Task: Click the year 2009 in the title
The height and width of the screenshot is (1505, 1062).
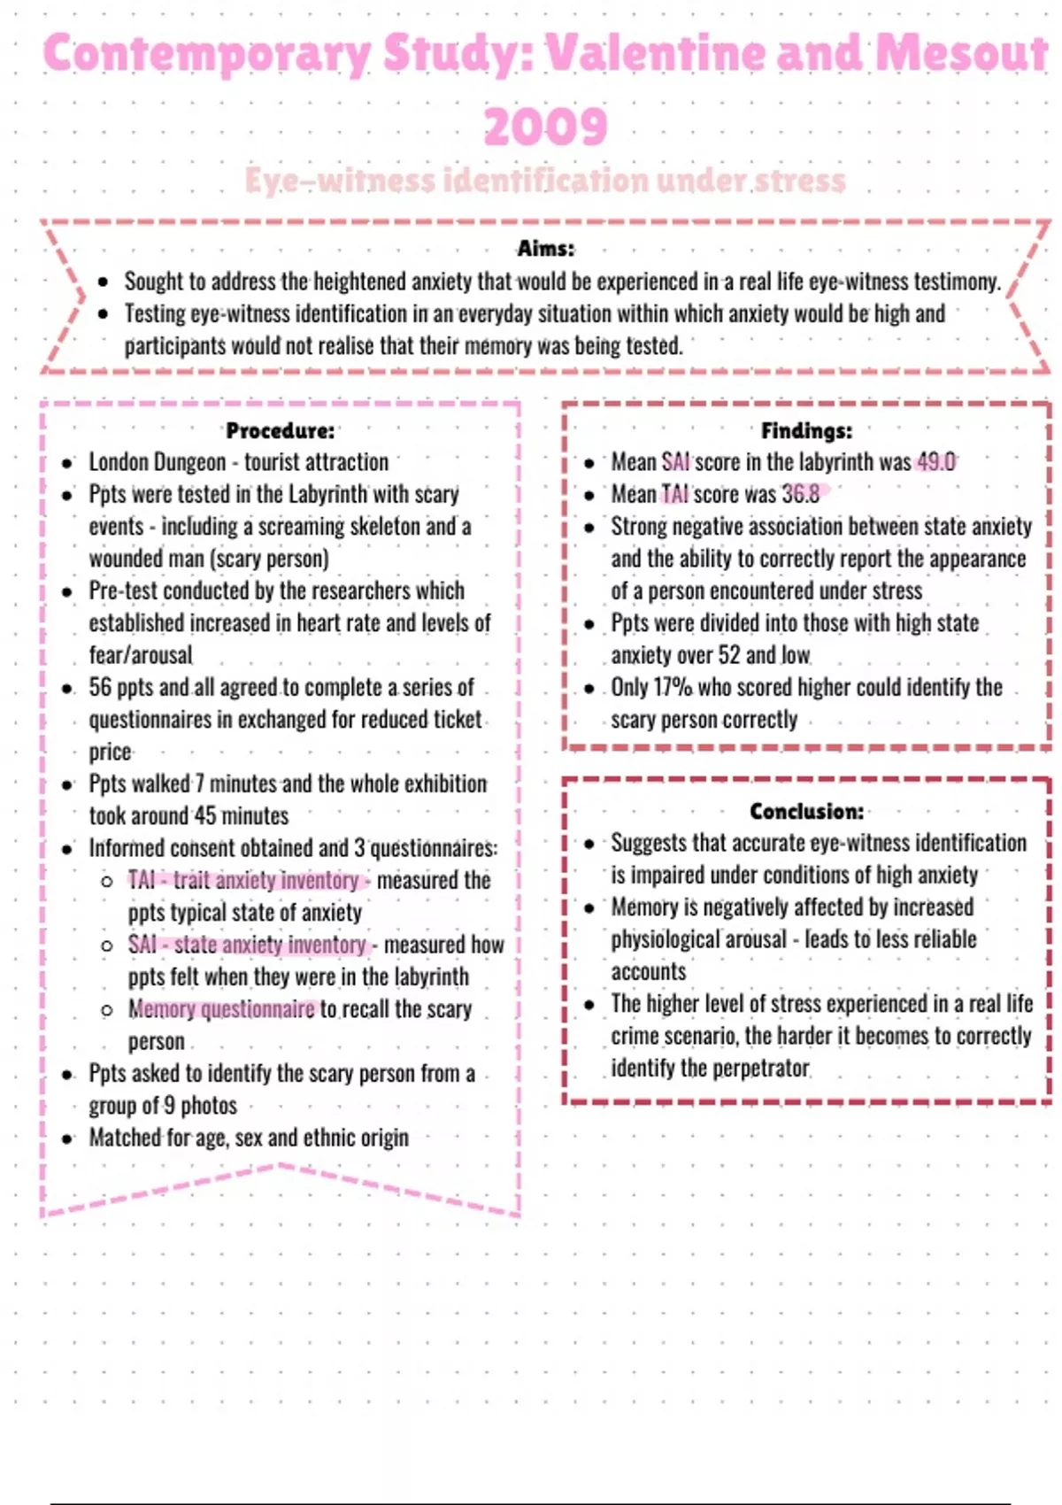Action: (545, 126)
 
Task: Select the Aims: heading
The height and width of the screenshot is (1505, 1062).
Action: (545, 249)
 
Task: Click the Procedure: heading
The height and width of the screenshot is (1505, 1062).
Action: (280, 431)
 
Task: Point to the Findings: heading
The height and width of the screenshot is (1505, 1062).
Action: (806, 431)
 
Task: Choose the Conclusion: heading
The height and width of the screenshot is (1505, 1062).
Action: (806, 811)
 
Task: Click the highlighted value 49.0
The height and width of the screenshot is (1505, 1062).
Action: (935, 462)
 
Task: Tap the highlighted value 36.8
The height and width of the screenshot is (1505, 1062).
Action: (800, 494)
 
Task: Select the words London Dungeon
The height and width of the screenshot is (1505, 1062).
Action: (157, 462)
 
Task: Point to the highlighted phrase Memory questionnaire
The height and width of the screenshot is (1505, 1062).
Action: (221, 1009)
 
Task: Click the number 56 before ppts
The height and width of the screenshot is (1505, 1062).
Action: (100, 687)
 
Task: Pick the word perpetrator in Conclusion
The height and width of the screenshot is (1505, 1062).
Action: (761, 1068)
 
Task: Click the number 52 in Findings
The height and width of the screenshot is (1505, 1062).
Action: (728, 655)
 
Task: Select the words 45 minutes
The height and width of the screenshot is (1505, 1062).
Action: (241, 815)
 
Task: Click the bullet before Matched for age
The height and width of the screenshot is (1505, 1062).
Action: (67, 1138)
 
